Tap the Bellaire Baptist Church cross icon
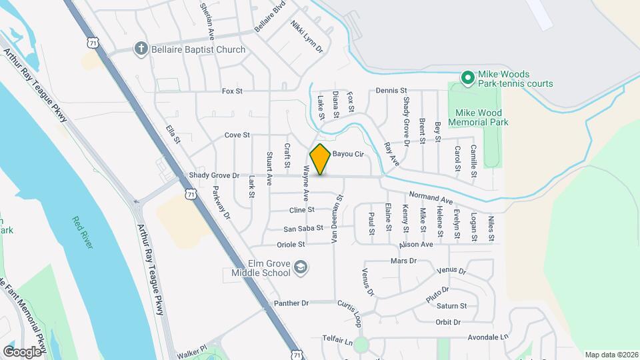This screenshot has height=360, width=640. click(140, 48)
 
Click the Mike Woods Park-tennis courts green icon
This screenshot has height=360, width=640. click(468, 79)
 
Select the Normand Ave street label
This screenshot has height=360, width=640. click(431, 197)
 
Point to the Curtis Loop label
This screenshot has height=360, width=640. click(349, 313)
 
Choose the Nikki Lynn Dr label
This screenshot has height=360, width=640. click(306, 36)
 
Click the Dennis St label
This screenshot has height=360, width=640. click(391, 90)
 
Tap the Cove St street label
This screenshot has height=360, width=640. click(237, 135)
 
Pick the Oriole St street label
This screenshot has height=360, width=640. click(291, 245)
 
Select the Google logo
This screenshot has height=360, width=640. click(22, 351)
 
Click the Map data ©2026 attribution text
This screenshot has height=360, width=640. click(611, 355)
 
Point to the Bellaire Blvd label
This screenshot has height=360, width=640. click(269, 16)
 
